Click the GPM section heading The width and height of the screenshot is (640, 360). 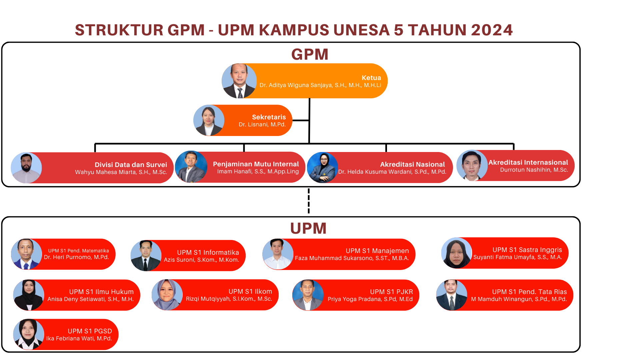click(310, 54)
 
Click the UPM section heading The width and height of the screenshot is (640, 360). click(308, 228)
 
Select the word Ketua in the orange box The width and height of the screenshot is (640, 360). click(371, 78)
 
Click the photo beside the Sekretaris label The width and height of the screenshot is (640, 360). click(209, 120)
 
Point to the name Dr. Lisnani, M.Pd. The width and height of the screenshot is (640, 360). click(262, 125)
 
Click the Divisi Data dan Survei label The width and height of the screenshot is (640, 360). click(131, 165)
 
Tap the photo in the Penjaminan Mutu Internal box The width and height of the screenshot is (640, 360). click(191, 167)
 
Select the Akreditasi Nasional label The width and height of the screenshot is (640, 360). click(412, 164)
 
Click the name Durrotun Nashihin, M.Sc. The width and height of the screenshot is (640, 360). click(534, 170)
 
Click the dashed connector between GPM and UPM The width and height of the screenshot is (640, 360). click(309, 201)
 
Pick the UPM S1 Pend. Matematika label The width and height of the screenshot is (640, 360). click(78, 251)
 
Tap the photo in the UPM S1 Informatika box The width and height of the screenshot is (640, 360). click(146, 256)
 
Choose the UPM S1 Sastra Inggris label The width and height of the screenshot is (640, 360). click(527, 250)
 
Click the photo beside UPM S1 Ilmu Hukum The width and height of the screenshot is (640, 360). click(29, 295)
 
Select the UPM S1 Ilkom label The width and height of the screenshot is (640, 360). click(250, 292)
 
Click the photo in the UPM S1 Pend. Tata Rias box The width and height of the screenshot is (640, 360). click(452, 295)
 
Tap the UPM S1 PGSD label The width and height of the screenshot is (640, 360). click(90, 331)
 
